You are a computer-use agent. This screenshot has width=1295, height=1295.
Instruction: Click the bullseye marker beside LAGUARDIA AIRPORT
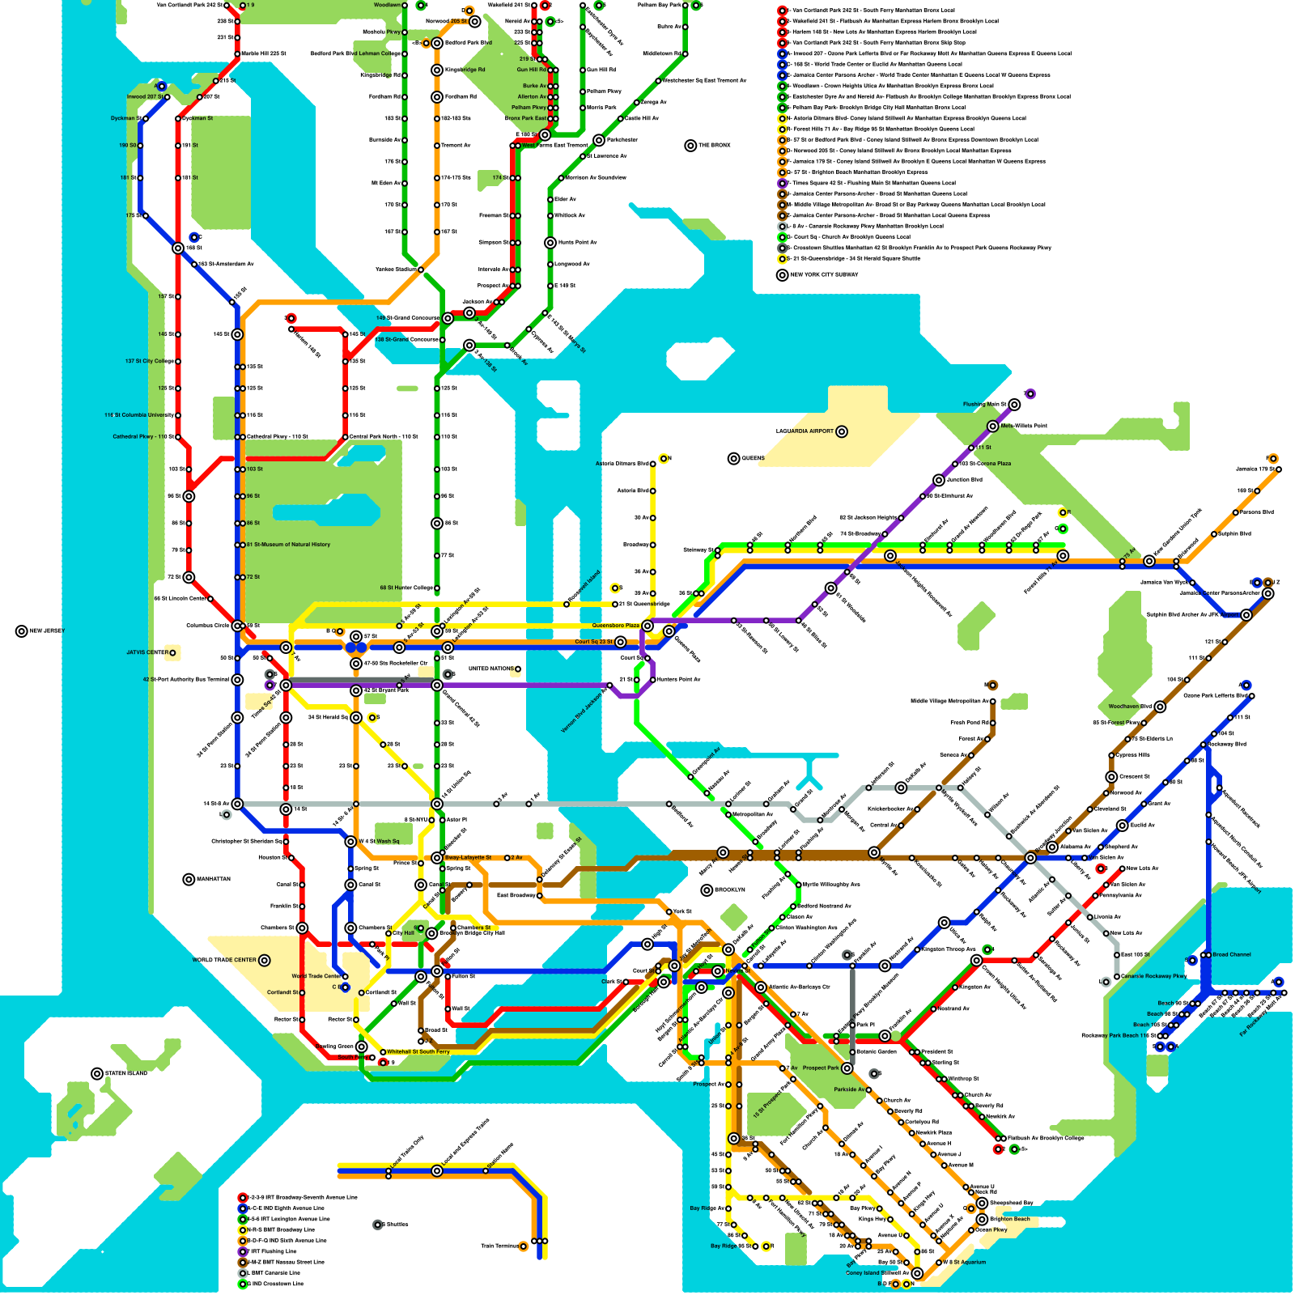click(842, 431)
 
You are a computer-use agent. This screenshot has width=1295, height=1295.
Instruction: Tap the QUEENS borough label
click(753, 458)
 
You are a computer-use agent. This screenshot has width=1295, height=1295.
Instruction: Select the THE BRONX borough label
click(715, 146)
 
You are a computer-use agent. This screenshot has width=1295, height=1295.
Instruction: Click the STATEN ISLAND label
click(126, 1074)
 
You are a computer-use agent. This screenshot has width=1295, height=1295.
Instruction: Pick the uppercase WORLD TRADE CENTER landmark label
click(224, 960)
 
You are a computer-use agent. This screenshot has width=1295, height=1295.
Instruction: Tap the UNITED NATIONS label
click(490, 669)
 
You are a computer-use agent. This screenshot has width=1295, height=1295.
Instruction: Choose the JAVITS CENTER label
click(146, 652)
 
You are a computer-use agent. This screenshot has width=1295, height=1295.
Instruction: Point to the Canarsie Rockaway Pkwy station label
click(1153, 976)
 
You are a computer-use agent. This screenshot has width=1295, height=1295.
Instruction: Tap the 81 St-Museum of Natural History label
click(288, 545)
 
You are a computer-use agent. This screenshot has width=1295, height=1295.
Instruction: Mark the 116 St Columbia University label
click(138, 415)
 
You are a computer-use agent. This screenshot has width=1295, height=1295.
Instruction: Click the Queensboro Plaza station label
click(615, 626)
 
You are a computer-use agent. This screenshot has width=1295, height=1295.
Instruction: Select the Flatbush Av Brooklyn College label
click(1046, 1139)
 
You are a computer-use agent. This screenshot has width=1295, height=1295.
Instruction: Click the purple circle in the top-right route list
click(783, 183)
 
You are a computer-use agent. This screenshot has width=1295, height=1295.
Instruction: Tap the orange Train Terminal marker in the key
click(524, 1246)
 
